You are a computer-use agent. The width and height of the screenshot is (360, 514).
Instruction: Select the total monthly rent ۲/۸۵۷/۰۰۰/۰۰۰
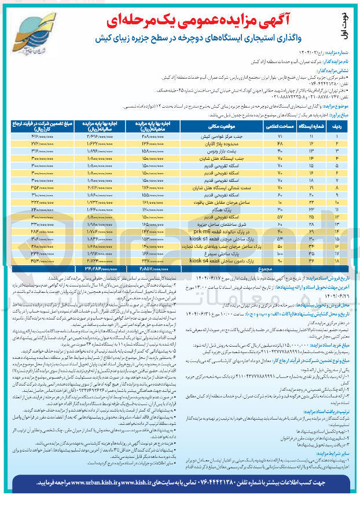tap(148, 268)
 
